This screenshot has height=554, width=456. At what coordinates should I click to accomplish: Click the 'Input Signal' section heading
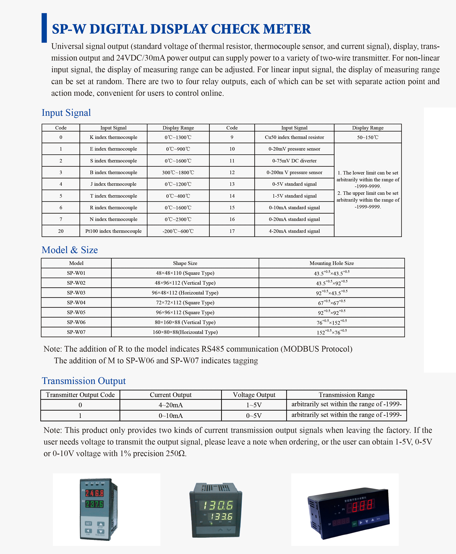click(66, 113)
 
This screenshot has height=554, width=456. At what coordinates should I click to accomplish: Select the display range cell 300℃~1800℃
click(178, 172)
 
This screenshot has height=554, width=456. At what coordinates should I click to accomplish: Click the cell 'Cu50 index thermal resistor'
click(294, 137)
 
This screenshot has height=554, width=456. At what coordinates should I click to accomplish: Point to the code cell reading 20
click(61, 231)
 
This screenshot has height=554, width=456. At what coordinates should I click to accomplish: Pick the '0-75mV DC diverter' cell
click(294, 160)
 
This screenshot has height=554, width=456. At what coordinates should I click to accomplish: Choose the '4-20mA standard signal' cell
click(294, 231)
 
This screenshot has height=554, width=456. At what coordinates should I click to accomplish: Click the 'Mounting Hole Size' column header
click(331, 263)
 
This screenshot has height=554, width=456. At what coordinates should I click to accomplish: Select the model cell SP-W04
click(76, 303)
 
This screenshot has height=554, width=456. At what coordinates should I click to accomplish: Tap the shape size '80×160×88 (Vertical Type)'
click(185, 322)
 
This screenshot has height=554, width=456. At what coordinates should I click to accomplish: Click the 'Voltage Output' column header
click(254, 395)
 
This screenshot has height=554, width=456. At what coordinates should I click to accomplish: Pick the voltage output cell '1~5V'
click(254, 405)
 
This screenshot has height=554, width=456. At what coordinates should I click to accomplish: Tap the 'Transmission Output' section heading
click(84, 381)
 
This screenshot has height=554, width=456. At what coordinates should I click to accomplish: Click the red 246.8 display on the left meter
click(95, 493)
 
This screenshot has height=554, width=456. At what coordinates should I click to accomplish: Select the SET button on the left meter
click(88, 523)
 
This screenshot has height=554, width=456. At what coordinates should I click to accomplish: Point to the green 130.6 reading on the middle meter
click(218, 505)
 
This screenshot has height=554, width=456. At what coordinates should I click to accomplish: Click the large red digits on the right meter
click(363, 506)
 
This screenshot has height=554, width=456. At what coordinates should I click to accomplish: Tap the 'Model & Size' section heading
click(70, 250)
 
